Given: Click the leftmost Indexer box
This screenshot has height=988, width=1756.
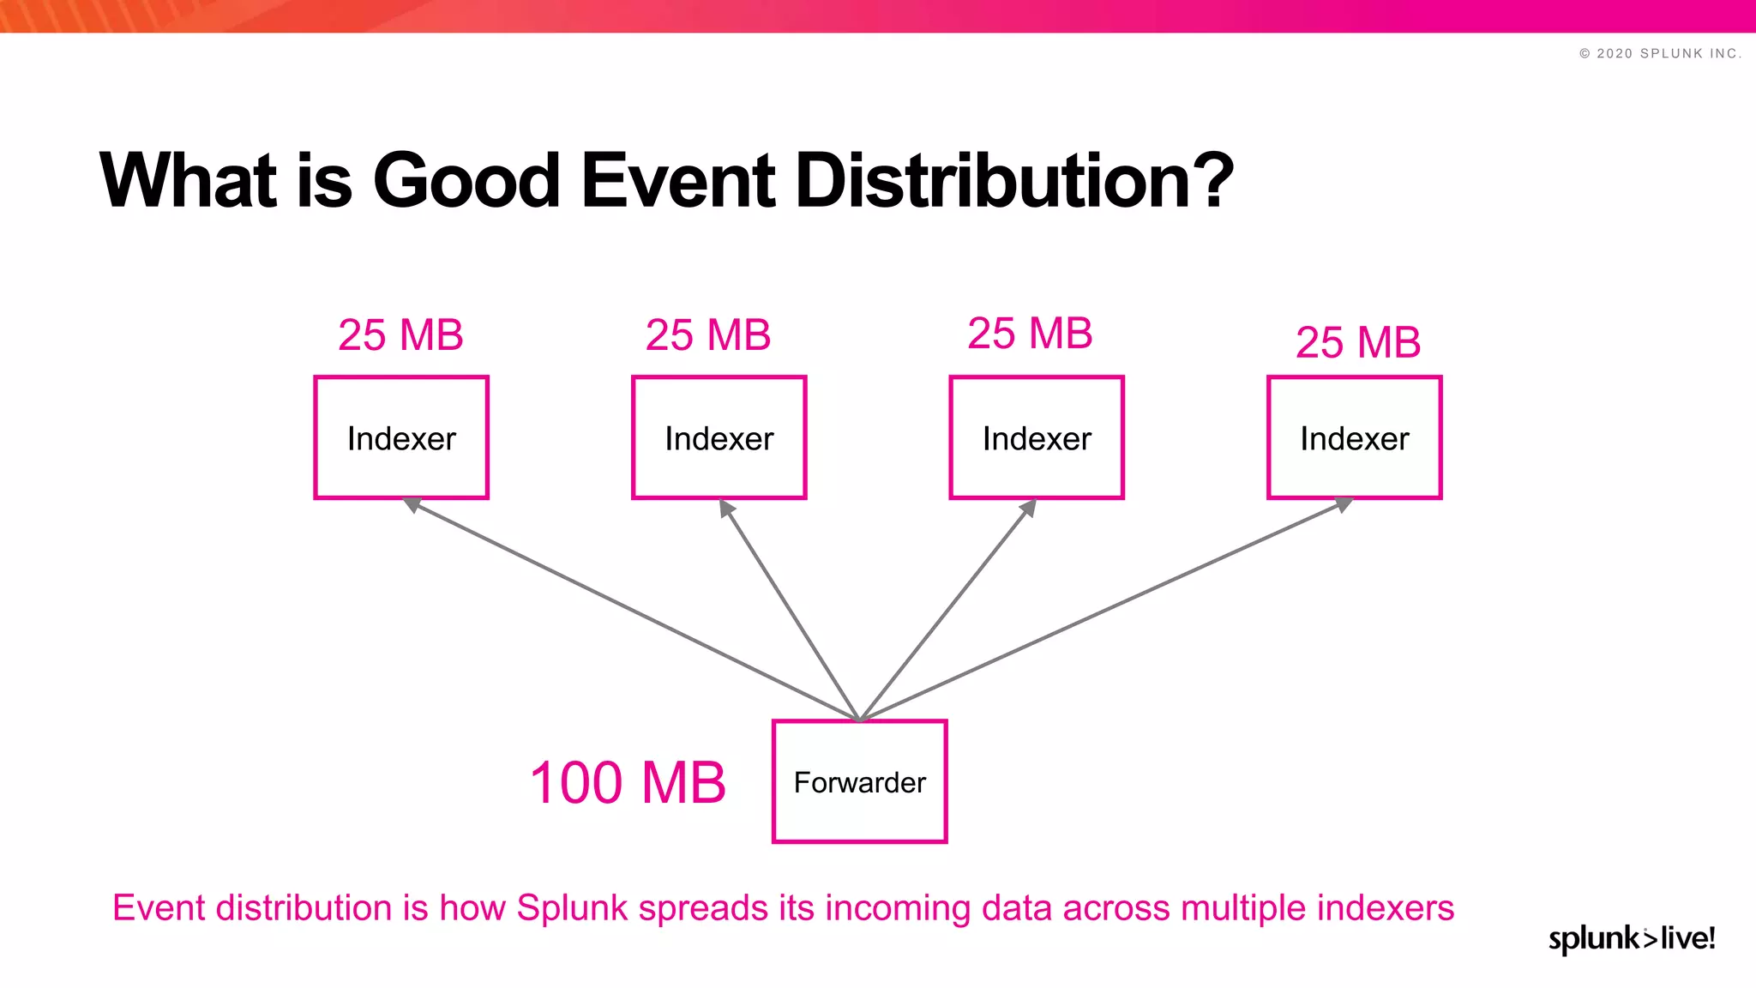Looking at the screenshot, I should (401, 437).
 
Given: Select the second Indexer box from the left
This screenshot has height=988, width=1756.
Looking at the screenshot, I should (719, 437).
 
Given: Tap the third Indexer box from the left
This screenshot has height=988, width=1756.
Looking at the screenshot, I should (1036, 437).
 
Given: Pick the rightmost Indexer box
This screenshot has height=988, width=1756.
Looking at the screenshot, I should (1354, 437).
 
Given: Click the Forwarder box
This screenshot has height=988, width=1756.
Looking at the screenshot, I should (859, 781).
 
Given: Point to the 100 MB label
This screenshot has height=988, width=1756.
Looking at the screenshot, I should (628, 782).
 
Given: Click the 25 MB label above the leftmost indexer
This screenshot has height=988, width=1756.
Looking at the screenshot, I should (400, 334).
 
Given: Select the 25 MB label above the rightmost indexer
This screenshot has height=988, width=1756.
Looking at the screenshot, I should (1357, 342).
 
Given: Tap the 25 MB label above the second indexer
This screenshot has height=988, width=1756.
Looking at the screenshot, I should (707, 334).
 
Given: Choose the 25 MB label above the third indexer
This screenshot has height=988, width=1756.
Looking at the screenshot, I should (1030, 333).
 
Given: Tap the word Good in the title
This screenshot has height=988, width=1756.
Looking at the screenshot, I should (466, 180).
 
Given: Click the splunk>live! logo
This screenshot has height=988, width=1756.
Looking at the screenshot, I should (1631, 938).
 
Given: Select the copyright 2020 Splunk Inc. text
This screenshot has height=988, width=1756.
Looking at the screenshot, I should (1660, 53).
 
